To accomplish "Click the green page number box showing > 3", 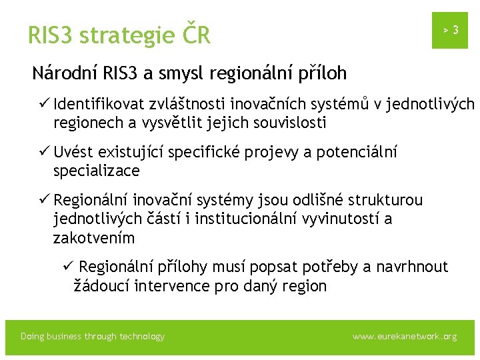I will [x=450, y=30].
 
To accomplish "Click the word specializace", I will [x=97, y=171].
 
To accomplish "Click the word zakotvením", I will [x=94, y=238].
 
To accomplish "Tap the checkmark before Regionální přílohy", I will [x=67, y=267].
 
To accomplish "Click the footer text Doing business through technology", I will [x=93, y=337].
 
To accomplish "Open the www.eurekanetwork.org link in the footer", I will [x=405, y=337].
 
